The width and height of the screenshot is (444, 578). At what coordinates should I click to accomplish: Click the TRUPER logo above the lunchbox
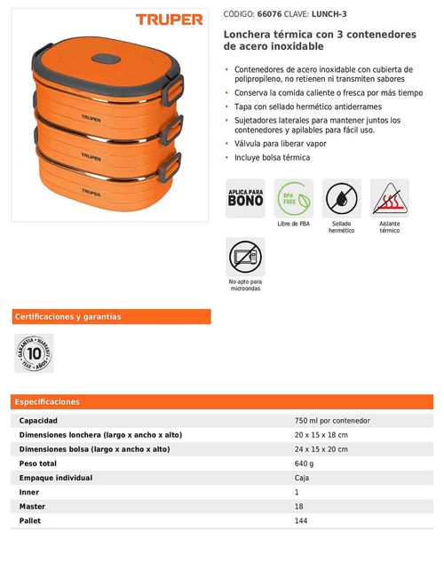coord(169,19)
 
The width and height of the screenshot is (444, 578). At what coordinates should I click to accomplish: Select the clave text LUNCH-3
coord(329,15)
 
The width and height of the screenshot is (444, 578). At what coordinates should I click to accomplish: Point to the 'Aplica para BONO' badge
coord(245,198)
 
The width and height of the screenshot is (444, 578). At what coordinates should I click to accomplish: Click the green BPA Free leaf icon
coord(293,198)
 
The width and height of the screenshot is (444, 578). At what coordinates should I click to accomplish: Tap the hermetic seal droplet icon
coord(341,198)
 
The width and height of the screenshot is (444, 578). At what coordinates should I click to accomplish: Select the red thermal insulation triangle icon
coord(389,198)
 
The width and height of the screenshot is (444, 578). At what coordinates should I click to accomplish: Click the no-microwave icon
coord(245,257)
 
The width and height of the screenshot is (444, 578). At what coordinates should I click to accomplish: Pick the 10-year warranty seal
coord(34,352)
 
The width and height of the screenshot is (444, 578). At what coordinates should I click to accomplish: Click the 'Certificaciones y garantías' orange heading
coord(67,317)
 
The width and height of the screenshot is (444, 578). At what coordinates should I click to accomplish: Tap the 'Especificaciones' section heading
coord(47,402)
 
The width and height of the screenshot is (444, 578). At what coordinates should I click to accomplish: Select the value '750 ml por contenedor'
coord(332,420)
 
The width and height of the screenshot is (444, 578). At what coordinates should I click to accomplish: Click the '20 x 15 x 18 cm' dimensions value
coord(321,434)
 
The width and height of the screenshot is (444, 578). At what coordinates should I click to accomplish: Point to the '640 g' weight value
coord(305,463)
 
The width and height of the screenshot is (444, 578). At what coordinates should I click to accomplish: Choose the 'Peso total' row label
coord(38,463)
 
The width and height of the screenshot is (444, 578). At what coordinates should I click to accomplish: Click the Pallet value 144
coord(301,520)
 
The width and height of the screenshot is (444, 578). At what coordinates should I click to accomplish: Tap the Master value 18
coord(298,506)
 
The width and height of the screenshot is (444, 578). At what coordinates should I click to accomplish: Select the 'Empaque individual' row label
coord(56,478)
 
